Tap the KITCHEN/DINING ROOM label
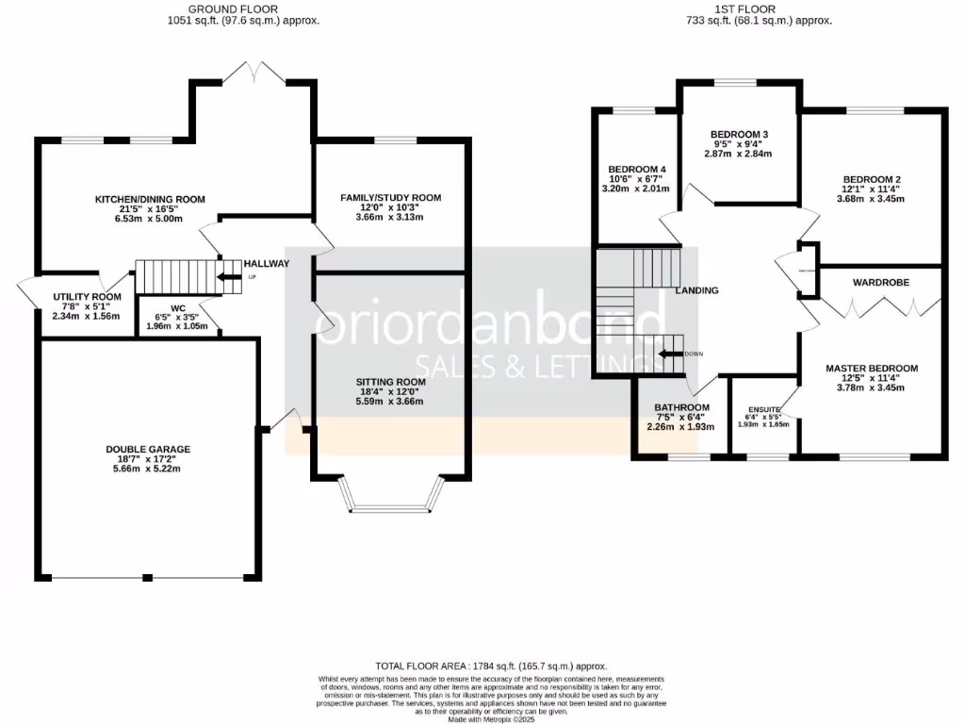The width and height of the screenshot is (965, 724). [x=150, y=199]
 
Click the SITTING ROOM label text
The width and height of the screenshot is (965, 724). [x=391, y=382]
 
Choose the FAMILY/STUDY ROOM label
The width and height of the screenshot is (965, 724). [x=391, y=198]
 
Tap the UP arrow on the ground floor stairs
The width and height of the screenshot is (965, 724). [x=229, y=277]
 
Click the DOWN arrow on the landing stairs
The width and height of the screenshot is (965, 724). [x=671, y=354]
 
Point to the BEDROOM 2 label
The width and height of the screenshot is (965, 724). [x=873, y=179]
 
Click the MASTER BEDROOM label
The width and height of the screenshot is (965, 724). [x=872, y=369]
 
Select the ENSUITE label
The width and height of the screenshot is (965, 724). [x=764, y=409]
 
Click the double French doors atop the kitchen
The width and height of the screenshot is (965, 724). [x=253, y=74]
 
